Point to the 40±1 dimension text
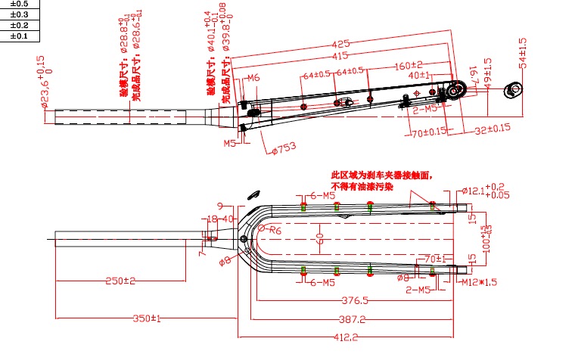(x=419, y=76)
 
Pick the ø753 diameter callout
(x=282, y=148)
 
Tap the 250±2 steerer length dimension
(x=120, y=281)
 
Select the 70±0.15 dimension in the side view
(x=428, y=134)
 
